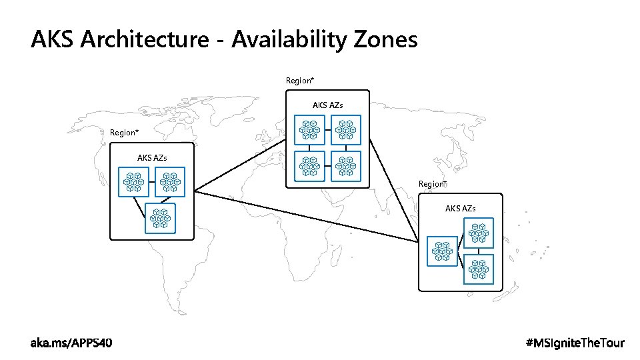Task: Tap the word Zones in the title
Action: tap(383, 40)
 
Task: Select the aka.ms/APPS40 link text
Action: tap(71, 343)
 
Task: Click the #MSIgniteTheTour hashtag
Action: tap(575, 343)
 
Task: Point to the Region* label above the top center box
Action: tap(300, 81)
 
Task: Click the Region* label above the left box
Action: tap(124, 133)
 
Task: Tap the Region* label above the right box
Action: tap(433, 184)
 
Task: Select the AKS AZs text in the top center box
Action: tap(328, 105)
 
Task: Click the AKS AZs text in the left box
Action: tap(152, 158)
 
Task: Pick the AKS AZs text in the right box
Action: tap(461, 209)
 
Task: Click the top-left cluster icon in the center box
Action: tap(309, 130)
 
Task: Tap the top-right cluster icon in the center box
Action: tap(345, 130)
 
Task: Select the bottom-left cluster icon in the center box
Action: tap(309, 166)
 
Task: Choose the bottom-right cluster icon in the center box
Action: tap(345, 166)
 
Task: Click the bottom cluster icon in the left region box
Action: tap(161, 218)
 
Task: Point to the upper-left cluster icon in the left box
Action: tap(133, 182)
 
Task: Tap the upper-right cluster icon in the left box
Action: tap(170, 182)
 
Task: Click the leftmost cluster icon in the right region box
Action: tap(442, 251)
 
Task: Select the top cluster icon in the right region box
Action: tap(478, 233)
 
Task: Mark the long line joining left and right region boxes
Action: tap(307, 216)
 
